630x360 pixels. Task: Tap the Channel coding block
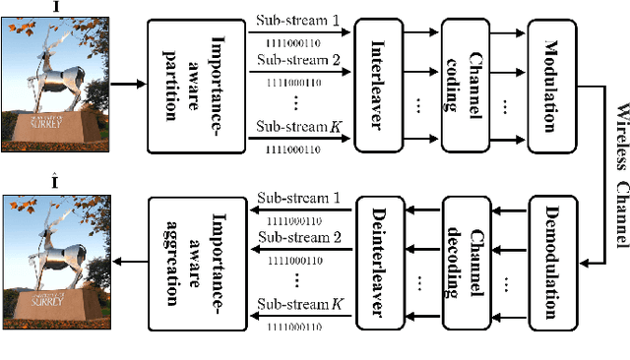(463, 84)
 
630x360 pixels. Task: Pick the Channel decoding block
(463, 259)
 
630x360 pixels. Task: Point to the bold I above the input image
(52, 7)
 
